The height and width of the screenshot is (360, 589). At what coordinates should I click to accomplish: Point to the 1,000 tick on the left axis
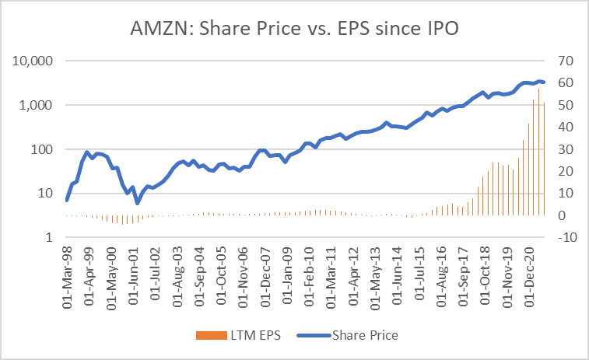pos(36,105)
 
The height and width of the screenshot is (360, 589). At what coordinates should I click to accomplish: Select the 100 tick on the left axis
pos(40,149)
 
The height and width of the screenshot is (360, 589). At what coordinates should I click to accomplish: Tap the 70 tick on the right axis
pos(559,61)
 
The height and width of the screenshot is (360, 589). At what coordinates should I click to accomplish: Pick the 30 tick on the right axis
pos(559,149)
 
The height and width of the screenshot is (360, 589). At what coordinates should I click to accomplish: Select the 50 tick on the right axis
pos(559,105)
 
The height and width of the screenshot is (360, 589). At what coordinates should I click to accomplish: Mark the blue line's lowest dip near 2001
pos(138,203)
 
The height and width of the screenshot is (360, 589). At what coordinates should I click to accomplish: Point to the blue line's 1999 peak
pos(87,152)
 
